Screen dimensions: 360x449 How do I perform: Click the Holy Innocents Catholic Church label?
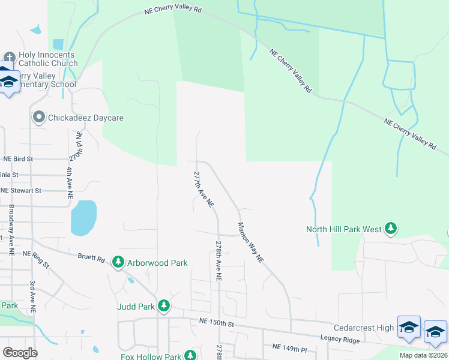click(48, 58)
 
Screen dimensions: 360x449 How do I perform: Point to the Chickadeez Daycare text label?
click(86, 118)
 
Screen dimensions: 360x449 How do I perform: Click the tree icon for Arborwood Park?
click(118, 262)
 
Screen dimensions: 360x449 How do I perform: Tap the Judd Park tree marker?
click(163, 306)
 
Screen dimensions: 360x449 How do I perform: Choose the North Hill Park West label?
click(343, 229)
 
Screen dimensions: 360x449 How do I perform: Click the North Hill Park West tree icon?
click(391, 229)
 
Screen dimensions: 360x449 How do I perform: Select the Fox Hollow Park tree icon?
click(190, 356)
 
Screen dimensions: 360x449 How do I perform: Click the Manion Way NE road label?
click(250, 243)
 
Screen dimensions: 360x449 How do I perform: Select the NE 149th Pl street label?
click(289, 347)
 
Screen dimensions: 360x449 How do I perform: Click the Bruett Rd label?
click(91, 259)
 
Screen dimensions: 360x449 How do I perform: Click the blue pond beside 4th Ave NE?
click(83, 217)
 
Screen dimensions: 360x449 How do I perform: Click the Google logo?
click(20, 352)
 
